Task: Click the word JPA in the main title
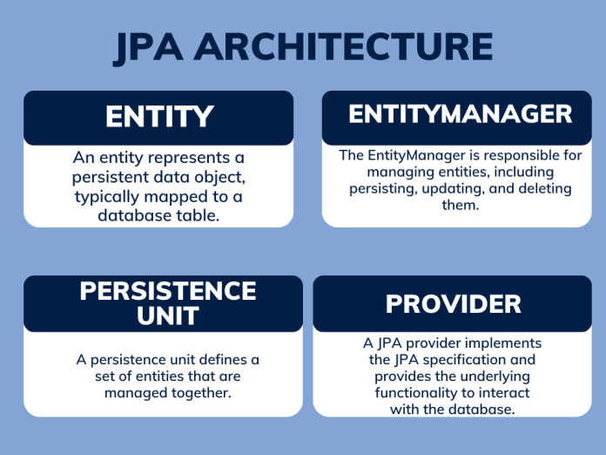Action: click(x=148, y=48)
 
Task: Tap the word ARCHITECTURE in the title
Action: click(x=343, y=47)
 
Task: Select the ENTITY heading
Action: click(x=159, y=117)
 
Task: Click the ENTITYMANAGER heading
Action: click(x=461, y=114)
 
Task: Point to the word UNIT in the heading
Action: click(x=168, y=316)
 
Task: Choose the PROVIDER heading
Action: click(x=454, y=304)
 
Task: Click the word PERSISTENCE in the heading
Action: click(x=168, y=291)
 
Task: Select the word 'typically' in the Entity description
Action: click(x=107, y=197)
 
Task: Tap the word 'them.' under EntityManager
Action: click(x=461, y=205)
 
